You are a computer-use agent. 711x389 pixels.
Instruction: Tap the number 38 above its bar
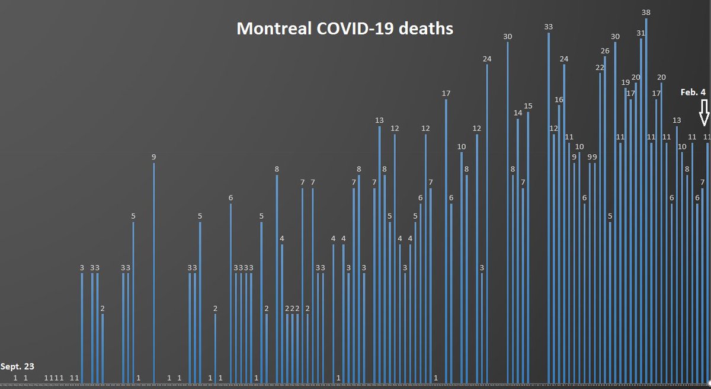pos(646,12)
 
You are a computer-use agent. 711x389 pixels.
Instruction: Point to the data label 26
pos(605,51)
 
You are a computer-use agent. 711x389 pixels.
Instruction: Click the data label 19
pos(625,82)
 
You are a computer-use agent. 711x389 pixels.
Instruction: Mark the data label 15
pos(528,106)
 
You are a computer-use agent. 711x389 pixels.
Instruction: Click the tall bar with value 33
pos(549,208)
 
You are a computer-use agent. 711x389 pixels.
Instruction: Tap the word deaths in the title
pos(430,29)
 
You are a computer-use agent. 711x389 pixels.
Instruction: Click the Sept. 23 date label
pos(17,366)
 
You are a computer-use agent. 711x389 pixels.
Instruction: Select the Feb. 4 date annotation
pos(693,92)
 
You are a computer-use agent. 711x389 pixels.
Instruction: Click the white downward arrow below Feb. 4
pos(704,113)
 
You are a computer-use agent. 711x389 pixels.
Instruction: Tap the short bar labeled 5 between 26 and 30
pos(610,302)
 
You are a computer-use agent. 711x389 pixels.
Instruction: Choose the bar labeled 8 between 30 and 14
pos(513,279)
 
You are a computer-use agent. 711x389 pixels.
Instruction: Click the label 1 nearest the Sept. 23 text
pos(15,377)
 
